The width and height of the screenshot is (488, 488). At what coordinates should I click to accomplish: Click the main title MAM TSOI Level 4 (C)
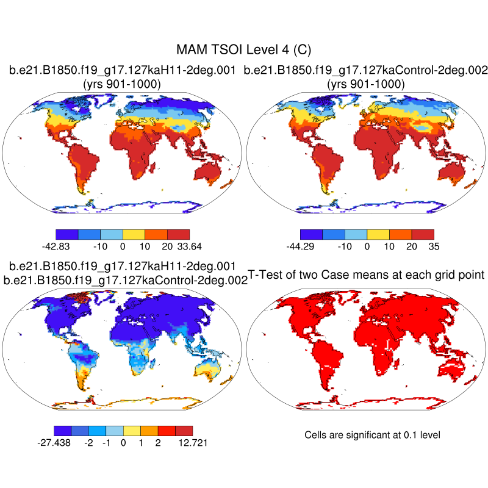[x=244, y=49]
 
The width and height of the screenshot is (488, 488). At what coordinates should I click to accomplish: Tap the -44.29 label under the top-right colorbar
[x=300, y=246]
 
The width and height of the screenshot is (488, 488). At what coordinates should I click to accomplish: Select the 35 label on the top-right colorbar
[x=433, y=246]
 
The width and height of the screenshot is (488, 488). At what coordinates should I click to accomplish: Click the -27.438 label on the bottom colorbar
[x=54, y=442]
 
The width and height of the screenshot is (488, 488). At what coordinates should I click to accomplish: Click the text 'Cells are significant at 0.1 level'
[x=372, y=435]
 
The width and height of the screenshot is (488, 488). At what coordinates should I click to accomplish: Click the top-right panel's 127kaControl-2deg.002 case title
[x=365, y=71]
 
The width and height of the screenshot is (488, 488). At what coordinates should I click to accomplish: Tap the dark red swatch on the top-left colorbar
[x=178, y=234]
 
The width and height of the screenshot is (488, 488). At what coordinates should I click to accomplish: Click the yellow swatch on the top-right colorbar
[x=378, y=234]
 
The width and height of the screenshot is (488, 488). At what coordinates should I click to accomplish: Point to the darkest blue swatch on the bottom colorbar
[x=62, y=429]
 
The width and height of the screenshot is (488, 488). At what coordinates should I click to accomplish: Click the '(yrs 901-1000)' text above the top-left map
[x=121, y=84]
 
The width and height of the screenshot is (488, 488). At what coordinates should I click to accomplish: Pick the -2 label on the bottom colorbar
[x=88, y=442]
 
